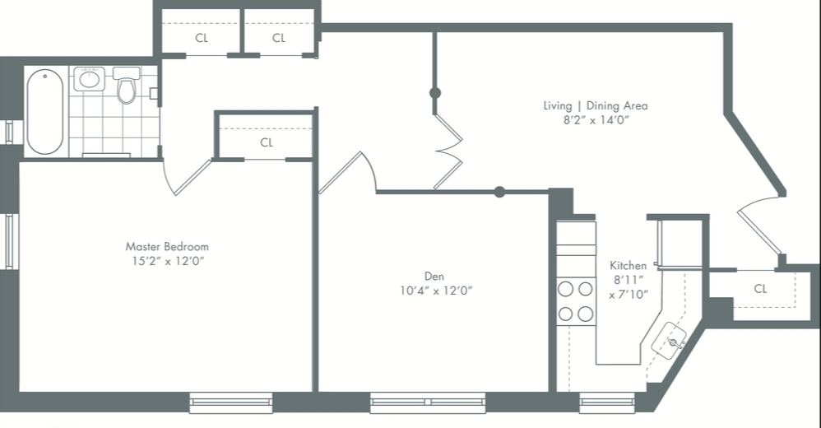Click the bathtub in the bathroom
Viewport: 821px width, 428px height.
44,112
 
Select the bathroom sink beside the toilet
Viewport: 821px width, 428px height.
88,80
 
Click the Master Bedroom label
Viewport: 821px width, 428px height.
167,246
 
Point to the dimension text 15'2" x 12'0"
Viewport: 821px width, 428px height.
167,261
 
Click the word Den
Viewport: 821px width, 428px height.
434,276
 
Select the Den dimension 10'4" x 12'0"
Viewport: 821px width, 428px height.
434,291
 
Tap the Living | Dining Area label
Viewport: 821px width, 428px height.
595,105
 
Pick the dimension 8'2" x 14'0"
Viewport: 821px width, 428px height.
595,120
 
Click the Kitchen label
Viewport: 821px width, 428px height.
628,266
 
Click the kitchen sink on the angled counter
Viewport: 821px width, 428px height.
670,338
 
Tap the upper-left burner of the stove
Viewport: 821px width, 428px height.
566,289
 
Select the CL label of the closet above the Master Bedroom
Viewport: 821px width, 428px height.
267,142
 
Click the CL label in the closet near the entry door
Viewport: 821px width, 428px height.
760,289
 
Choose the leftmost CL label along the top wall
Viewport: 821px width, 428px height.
202,38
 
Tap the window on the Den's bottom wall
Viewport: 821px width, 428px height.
427,402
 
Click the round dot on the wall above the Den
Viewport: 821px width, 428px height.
499,192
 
